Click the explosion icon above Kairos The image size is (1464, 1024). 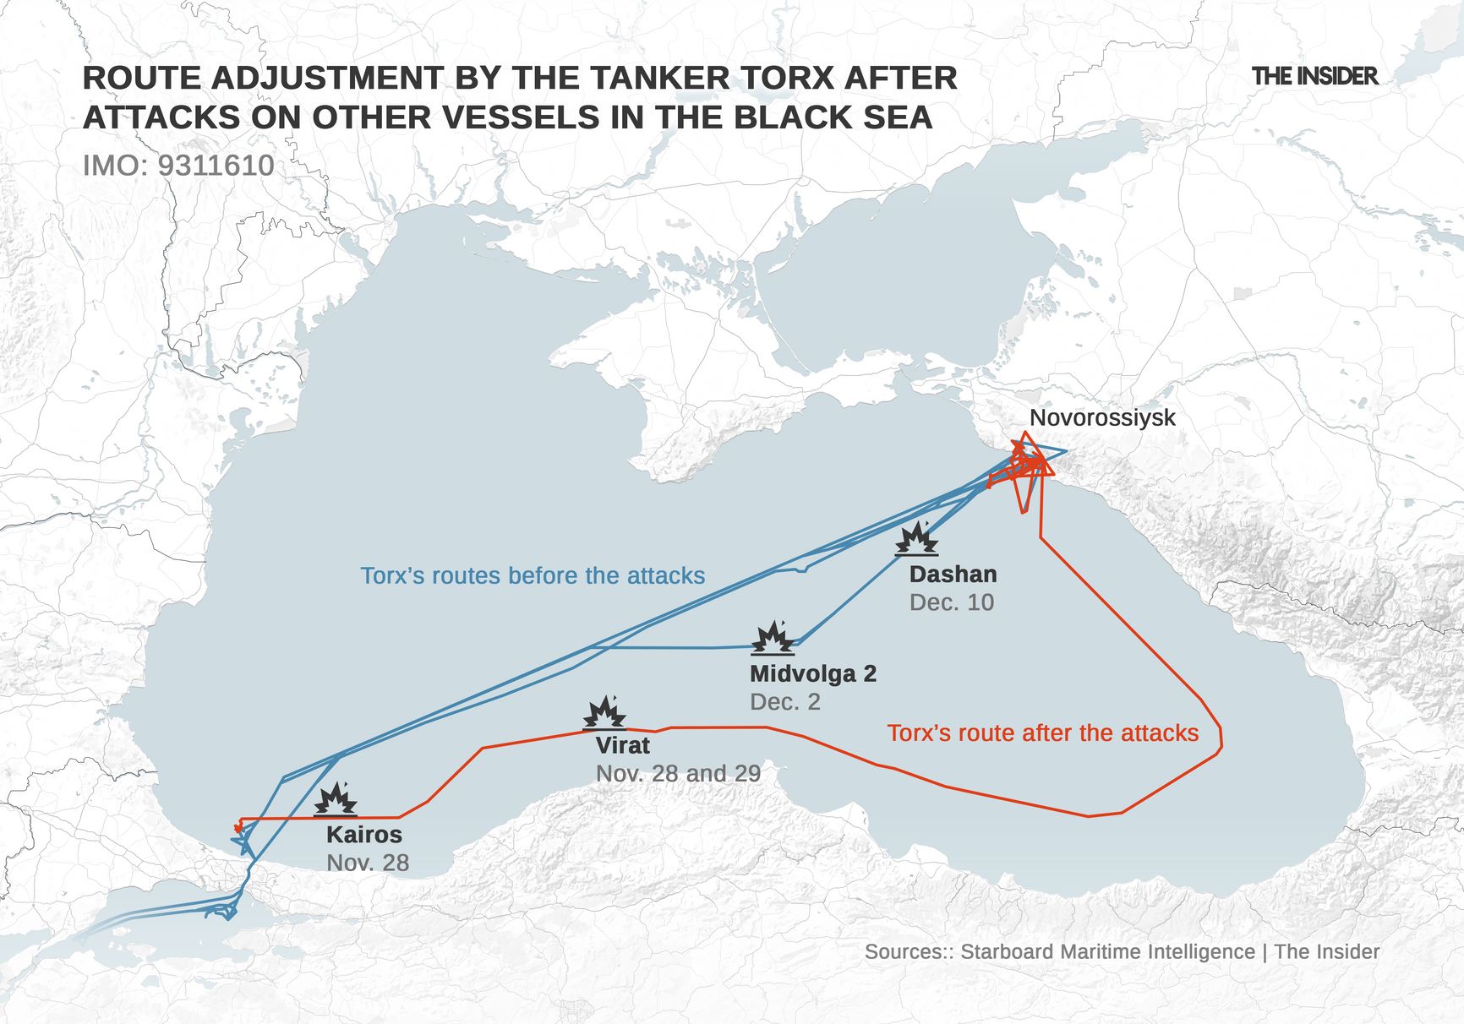[x=336, y=798]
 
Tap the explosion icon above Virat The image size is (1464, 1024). [x=604, y=713]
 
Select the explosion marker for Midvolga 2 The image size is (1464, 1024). [x=773, y=639]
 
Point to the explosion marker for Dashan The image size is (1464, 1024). [x=916, y=539]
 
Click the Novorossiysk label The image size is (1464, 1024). [x=1102, y=417]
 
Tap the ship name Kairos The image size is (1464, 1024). [x=364, y=835]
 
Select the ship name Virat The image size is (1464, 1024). [x=623, y=745]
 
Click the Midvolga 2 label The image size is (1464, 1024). [x=813, y=673]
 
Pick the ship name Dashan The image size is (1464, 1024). [x=953, y=575]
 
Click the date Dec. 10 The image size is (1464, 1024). [x=951, y=602]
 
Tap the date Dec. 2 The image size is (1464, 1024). [x=784, y=702]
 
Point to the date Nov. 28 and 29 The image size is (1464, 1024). [x=678, y=773]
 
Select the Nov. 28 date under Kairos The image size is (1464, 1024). [x=368, y=863]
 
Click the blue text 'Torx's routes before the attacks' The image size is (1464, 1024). [x=533, y=575]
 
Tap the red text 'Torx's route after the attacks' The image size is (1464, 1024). [x=1042, y=733]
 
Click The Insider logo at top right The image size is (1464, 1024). [x=1314, y=76]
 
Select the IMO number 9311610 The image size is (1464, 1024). [x=216, y=165]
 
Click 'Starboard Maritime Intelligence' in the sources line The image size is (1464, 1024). [x=1107, y=951]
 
